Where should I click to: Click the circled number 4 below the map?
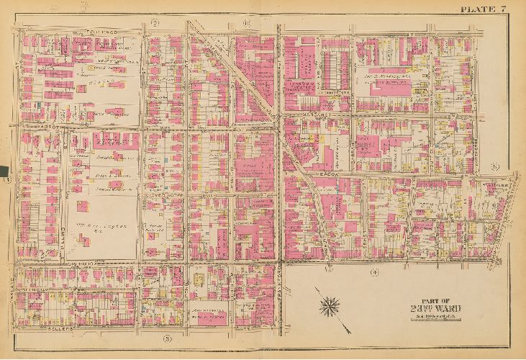click(375, 273)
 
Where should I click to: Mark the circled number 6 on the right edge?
click(495, 167)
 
